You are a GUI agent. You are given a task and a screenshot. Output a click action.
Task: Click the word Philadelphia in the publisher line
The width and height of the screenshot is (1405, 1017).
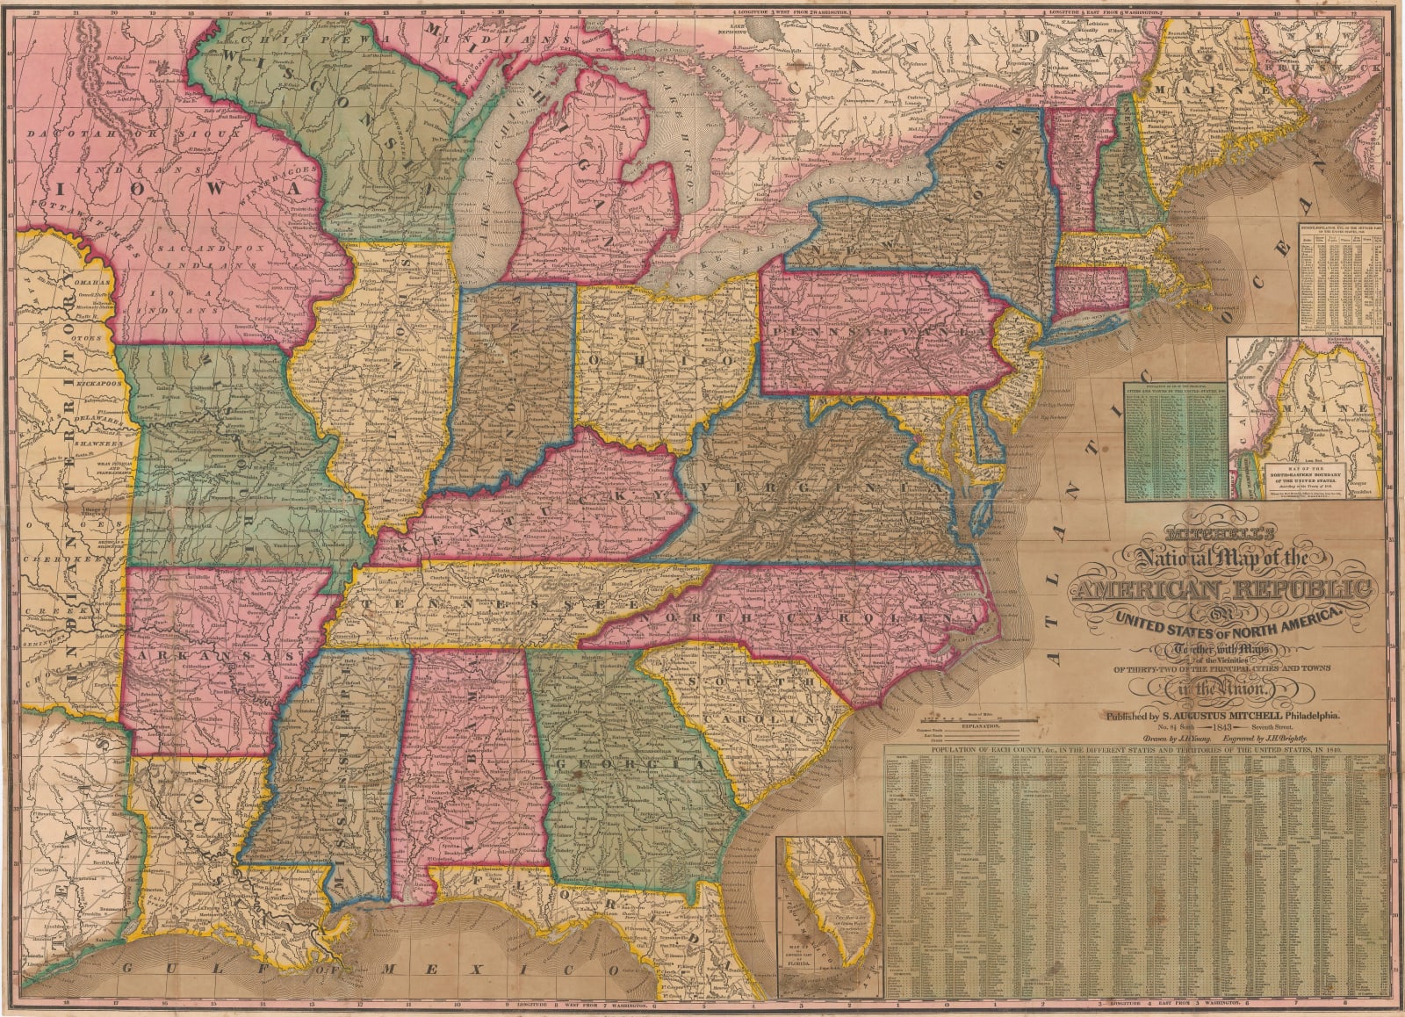(1309, 716)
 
